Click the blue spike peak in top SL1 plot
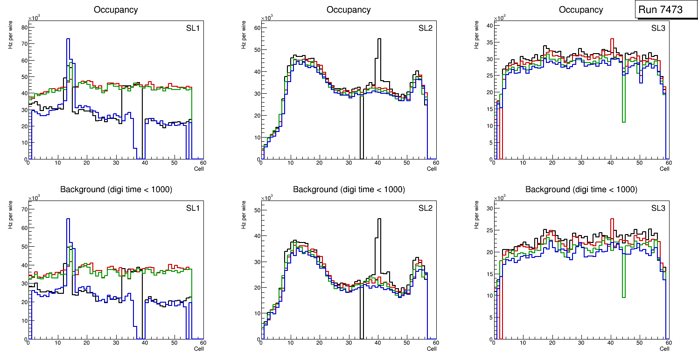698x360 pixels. click(68, 39)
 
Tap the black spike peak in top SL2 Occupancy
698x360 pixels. click(379, 39)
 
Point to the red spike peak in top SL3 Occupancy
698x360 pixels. click(612, 39)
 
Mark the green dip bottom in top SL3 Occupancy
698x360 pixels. click(624, 122)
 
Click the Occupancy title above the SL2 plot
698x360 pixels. click(349, 9)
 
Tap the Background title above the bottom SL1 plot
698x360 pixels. click(116, 189)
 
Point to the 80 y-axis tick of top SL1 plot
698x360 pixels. click(25, 28)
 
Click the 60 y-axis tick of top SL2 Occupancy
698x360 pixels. click(257, 28)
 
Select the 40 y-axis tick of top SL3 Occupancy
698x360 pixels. click(490, 26)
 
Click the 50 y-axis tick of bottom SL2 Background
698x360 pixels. click(257, 210)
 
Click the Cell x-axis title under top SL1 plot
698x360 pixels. click(199, 169)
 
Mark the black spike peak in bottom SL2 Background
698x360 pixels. click(379, 219)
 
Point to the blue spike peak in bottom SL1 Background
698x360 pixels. click(68, 219)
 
